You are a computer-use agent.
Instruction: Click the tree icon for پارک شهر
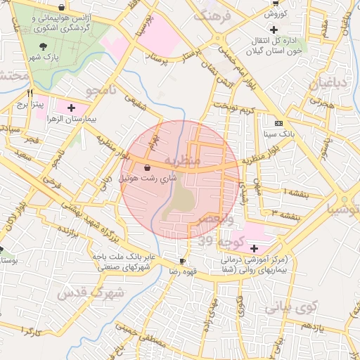pos(44,46)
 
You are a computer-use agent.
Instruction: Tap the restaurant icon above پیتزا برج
pos(30,93)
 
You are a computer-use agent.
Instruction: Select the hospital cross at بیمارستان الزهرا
pos(72,108)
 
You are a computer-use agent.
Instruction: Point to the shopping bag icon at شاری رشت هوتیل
pos(147,167)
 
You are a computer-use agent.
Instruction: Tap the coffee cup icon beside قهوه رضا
pos(183,260)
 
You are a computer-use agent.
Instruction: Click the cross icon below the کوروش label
pos(274,30)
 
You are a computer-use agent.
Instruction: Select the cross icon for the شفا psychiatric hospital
pos(254,248)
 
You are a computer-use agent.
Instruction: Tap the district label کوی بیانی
pos(290,307)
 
